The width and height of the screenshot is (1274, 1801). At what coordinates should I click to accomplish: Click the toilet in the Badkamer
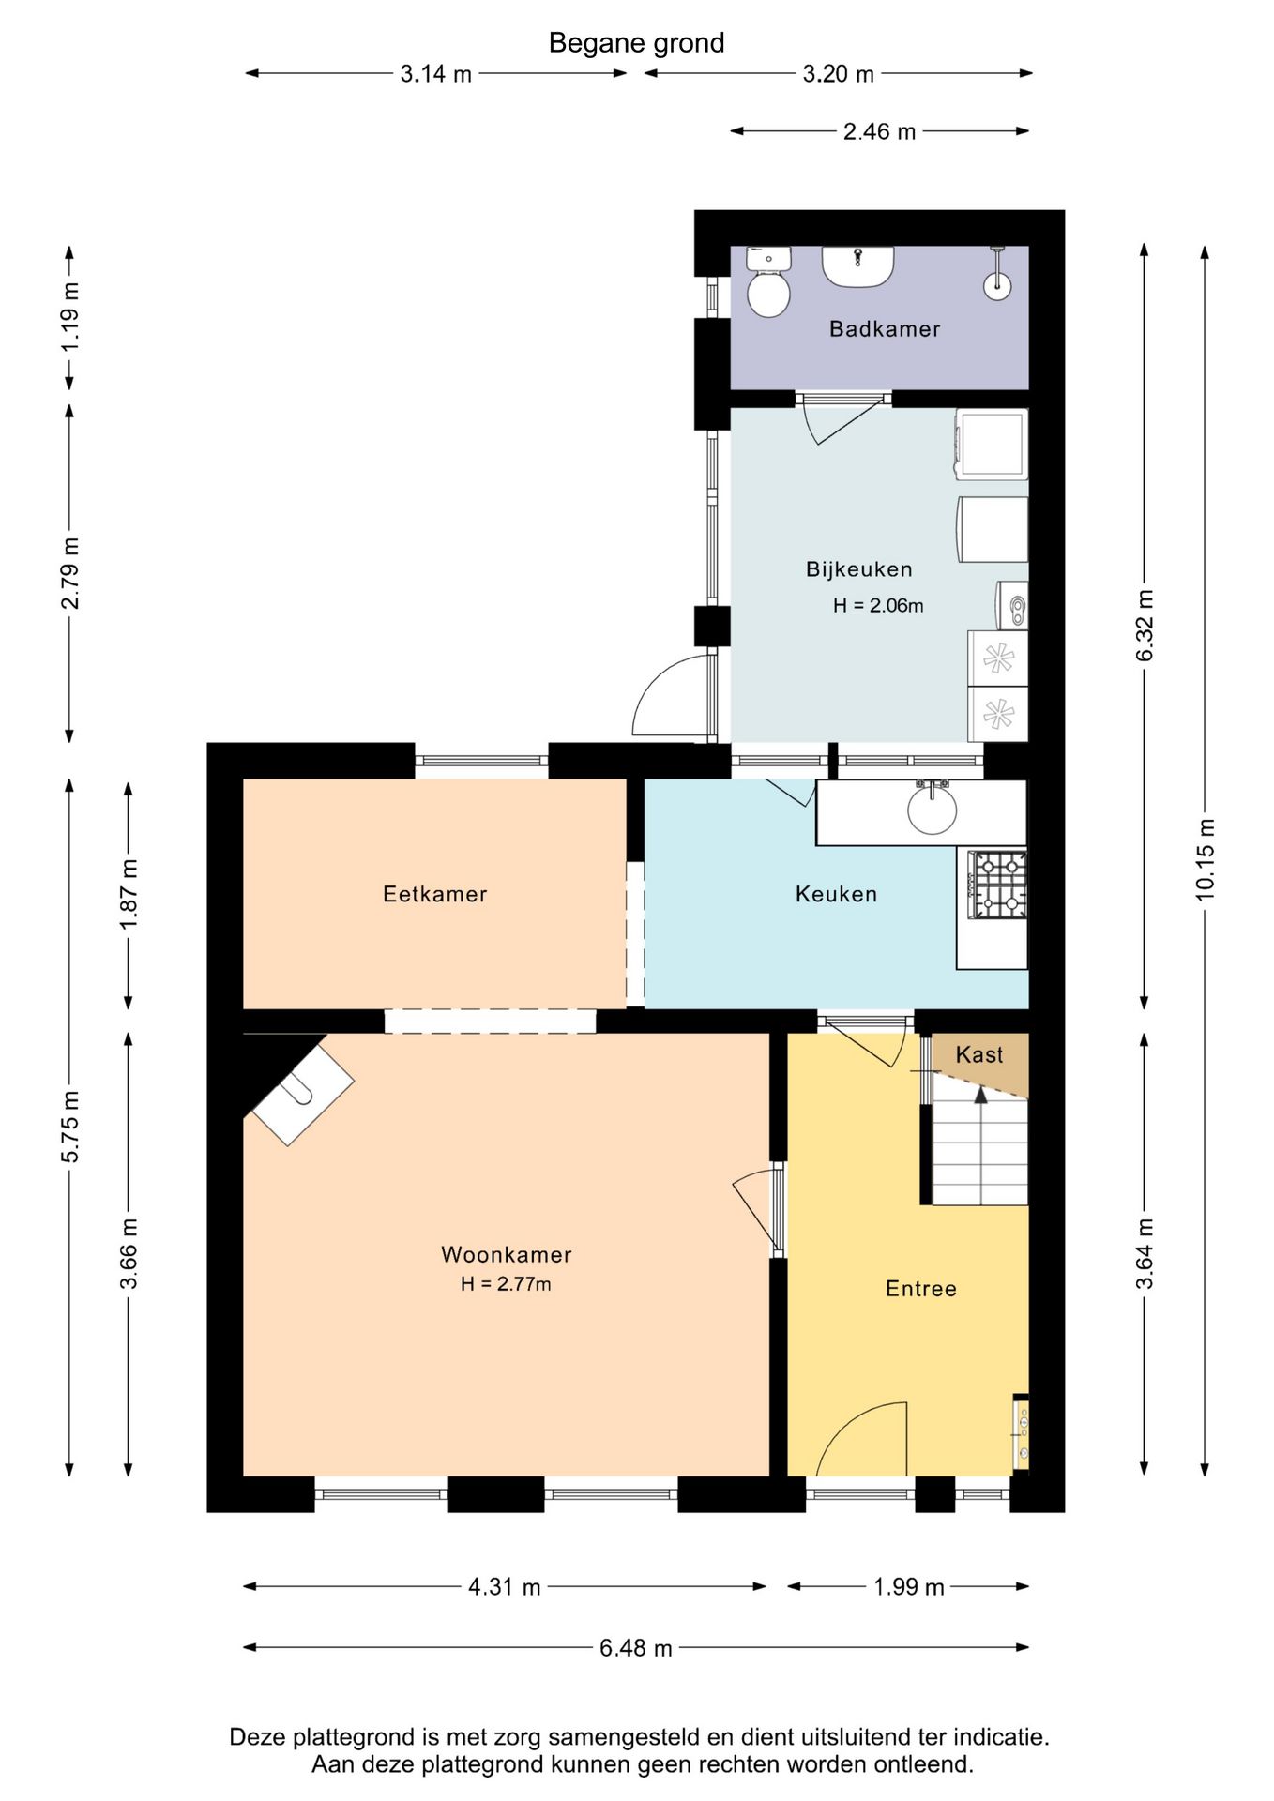click(x=768, y=281)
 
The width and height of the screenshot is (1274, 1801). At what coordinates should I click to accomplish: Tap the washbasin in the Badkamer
click(x=857, y=267)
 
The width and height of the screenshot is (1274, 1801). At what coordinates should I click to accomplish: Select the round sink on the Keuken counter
click(x=932, y=808)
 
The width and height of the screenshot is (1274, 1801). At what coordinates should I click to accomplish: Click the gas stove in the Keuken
click(x=997, y=885)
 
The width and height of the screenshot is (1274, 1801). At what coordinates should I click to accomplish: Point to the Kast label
click(x=979, y=1054)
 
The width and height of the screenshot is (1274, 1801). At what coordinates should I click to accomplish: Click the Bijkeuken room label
click(x=858, y=569)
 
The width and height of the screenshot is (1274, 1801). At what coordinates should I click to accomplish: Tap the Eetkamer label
click(x=435, y=894)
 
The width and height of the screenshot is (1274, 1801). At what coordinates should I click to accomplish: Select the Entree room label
click(x=921, y=1289)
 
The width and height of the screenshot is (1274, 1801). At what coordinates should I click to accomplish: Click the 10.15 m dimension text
click(x=1205, y=859)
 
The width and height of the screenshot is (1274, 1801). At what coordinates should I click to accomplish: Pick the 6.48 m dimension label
click(x=636, y=1648)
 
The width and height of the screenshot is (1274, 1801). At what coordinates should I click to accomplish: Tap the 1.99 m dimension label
click(x=908, y=1587)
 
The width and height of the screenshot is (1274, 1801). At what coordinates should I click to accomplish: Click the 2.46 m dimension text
click(x=879, y=131)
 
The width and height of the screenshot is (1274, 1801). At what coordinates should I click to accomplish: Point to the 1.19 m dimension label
click(x=69, y=316)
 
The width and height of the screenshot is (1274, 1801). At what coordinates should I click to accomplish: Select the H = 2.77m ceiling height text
click(x=506, y=1284)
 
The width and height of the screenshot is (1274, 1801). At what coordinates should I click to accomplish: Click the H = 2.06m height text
click(x=878, y=606)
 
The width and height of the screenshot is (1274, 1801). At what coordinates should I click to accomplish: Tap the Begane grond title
click(x=636, y=43)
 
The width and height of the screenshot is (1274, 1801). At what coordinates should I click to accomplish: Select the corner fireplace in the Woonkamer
click(x=298, y=1088)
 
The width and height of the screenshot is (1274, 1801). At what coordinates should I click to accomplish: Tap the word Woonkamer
click(x=506, y=1255)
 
